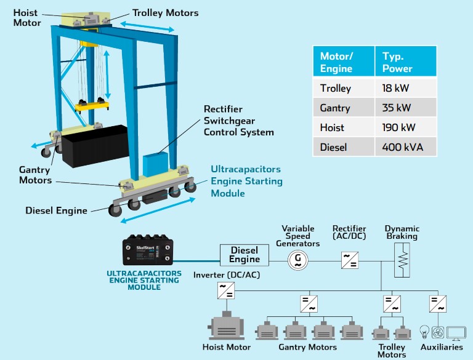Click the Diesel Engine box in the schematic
click(x=245, y=254)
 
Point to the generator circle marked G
click(x=297, y=260)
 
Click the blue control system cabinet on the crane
click(x=156, y=164)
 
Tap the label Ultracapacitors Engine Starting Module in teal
click(x=246, y=181)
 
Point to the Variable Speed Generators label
click(x=298, y=236)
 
